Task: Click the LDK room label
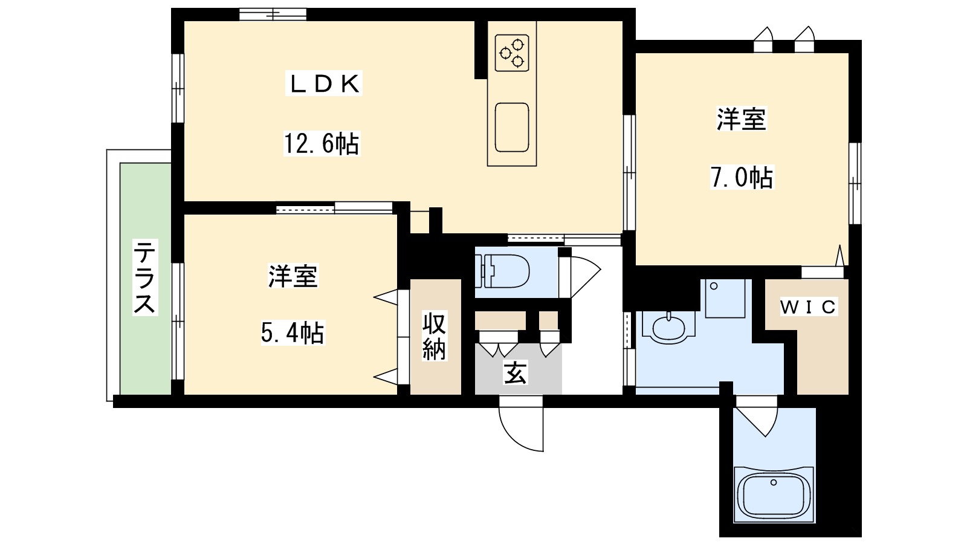(324, 84)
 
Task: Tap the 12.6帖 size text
(322, 144)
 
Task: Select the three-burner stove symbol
(512, 51)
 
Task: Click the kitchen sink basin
(512, 127)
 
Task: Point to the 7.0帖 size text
(742, 178)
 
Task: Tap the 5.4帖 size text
(293, 332)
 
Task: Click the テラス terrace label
(145, 277)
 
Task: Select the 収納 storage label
(434, 337)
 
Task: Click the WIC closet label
(807, 308)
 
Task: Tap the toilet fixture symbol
(503, 271)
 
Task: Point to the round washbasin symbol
(668, 327)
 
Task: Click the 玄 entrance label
(515, 372)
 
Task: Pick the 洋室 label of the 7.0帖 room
(742, 119)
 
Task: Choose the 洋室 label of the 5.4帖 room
(293, 276)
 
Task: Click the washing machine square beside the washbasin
(724, 298)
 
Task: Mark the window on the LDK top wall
(273, 14)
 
